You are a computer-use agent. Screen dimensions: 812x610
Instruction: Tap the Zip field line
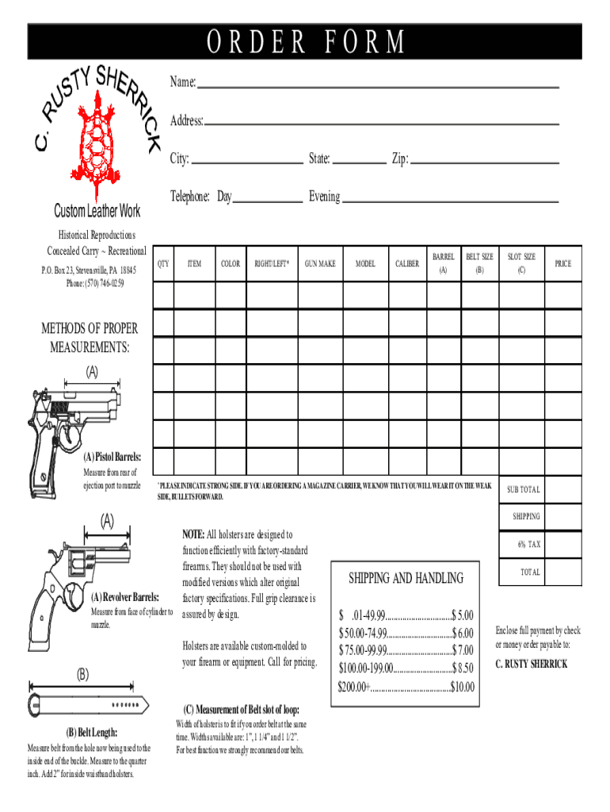pos(485,162)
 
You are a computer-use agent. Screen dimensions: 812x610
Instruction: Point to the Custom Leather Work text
pos(97,211)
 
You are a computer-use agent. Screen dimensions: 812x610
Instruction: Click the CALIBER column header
pos(407,263)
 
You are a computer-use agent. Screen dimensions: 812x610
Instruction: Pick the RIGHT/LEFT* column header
pos(271,263)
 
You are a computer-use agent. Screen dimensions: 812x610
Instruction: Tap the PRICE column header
pos(562,263)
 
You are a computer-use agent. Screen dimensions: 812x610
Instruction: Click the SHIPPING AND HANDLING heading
pos(406,578)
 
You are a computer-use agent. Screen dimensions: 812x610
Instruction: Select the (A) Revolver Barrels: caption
pos(125,597)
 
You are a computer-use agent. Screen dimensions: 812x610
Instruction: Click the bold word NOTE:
pos(194,534)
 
